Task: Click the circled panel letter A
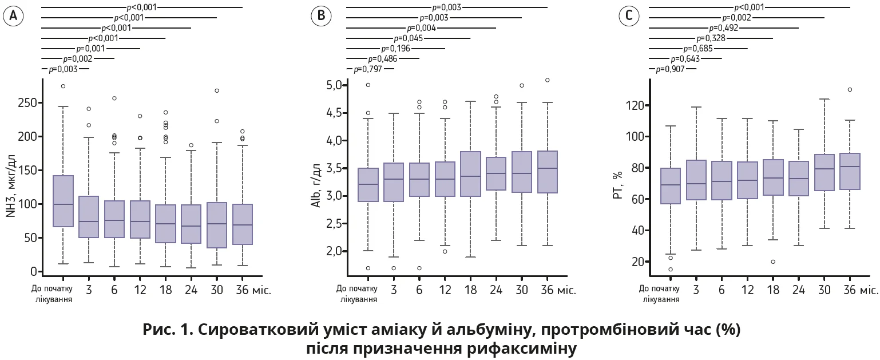click(13, 17)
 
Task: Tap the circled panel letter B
click(321, 17)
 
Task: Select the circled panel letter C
click(629, 17)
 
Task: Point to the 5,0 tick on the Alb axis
click(334, 85)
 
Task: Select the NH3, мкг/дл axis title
click(10, 177)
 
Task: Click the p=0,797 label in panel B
click(367, 69)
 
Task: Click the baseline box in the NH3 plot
click(63, 201)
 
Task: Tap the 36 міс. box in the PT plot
click(850, 171)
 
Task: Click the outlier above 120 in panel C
click(850, 89)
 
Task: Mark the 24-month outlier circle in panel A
click(191, 145)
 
